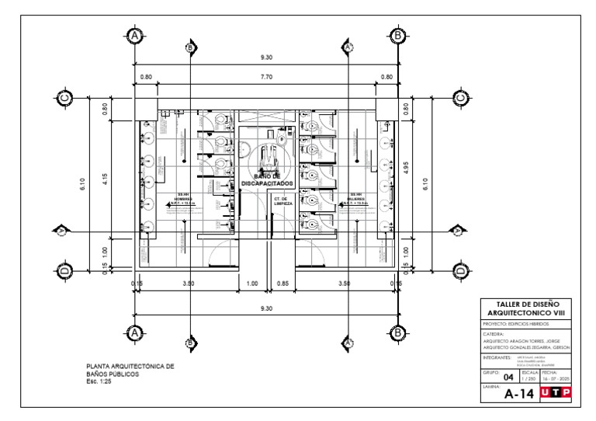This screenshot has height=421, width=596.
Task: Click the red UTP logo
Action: pos(555,392)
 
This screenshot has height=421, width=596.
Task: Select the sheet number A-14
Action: pos(519,394)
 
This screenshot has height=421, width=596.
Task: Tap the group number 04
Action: pos(508,378)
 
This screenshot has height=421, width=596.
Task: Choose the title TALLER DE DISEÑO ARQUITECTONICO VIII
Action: pos(527,308)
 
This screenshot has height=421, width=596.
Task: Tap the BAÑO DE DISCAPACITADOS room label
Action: pos(267,180)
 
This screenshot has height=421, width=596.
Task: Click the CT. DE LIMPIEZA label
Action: pos(282,201)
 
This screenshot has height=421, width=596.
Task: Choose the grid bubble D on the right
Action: pos(459,270)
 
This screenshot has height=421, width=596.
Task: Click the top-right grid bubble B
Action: pos(397,36)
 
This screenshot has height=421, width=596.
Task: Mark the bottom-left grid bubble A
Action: pos(135,332)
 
